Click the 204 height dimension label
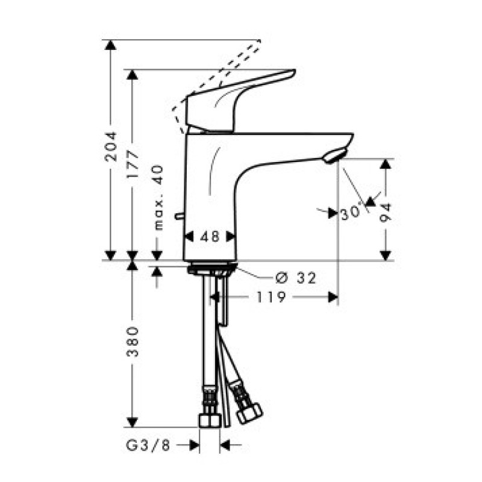(x=111, y=146)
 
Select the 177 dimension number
(x=133, y=164)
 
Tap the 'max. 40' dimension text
(x=158, y=198)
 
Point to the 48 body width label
(x=210, y=237)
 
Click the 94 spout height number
(x=386, y=213)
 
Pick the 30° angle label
(x=351, y=213)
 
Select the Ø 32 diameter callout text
(x=296, y=278)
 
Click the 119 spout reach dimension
(x=271, y=297)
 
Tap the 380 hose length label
(x=133, y=342)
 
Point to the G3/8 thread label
(x=148, y=445)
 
